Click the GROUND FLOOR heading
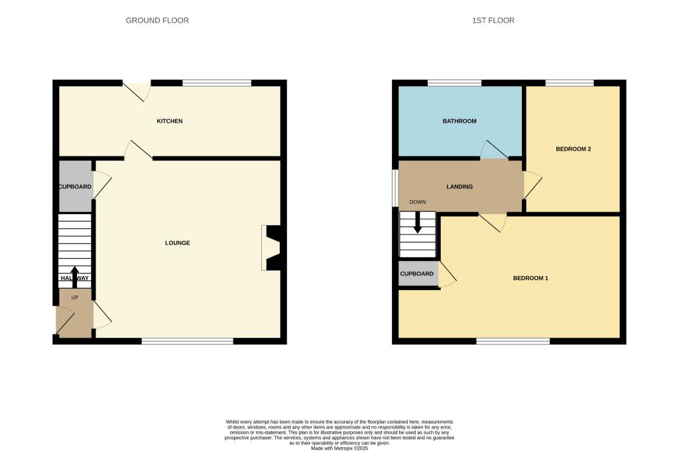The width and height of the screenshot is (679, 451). tap(157, 21)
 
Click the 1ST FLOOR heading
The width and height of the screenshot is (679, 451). tap(493, 21)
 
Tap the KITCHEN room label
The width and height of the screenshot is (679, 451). tap(170, 121)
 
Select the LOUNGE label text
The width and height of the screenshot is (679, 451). tap(178, 243)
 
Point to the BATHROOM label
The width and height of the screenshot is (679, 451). tap(460, 121)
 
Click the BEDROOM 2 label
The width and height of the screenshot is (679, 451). tap(574, 149)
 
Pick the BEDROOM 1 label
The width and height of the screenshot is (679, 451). tap(530, 278)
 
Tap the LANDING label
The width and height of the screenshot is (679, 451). tap(460, 187)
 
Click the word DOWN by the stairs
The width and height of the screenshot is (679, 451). tap(418, 202)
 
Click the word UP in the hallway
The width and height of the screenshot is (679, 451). tap(75, 297)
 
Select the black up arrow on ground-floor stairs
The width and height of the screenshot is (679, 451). tap(74, 277)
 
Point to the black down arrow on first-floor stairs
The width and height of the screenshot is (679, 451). tap(418, 223)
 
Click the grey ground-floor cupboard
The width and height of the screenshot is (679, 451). tap(76, 186)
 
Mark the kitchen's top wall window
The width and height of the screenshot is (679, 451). tap(217, 83)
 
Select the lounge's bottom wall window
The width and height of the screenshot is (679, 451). tap(188, 341)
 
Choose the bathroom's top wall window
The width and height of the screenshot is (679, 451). tap(454, 83)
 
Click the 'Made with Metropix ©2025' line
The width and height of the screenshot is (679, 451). tap(339, 448)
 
